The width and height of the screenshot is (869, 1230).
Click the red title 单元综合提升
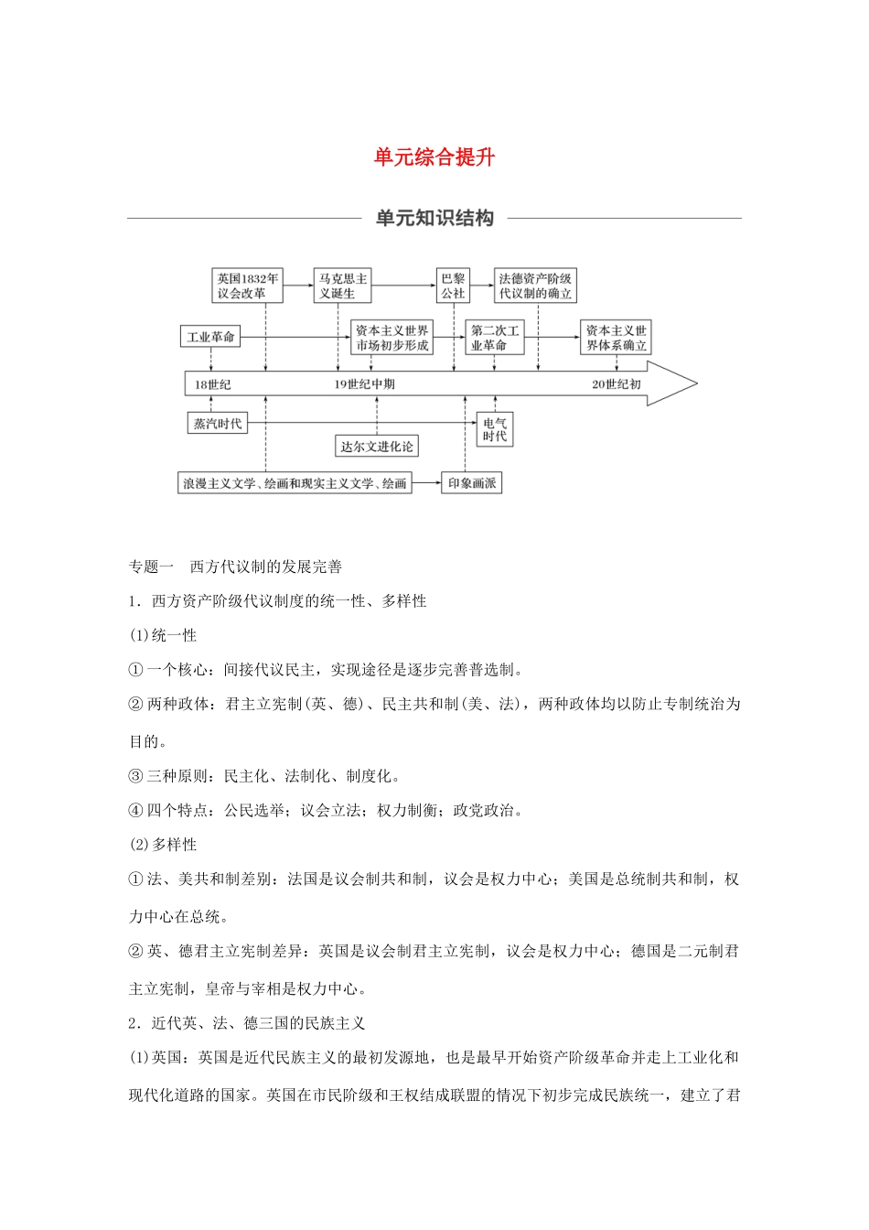click(434, 157)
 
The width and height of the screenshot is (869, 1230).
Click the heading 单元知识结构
click(434, 218)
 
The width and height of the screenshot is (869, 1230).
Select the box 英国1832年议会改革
click(247, 286)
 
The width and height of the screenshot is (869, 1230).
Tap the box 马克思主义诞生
click(343, 286)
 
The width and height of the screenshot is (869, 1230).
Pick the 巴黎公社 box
click(453, 286)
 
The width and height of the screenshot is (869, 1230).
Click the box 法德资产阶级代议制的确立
click(535, 286)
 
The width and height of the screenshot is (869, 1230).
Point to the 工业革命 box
click(210, 337)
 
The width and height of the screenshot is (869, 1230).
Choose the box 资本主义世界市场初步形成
click(392, 338)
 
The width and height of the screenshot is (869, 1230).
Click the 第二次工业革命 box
click(495, 338)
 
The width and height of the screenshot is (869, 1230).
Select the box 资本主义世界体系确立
click(616, 338)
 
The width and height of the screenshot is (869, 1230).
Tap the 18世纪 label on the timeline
click(212, 384)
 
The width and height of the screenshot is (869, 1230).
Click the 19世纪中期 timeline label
click(364, 384)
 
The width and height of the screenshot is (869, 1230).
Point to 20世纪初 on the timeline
click(616, 384)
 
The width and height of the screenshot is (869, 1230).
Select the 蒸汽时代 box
click(218, 423)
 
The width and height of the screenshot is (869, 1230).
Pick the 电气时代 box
click(495, 429)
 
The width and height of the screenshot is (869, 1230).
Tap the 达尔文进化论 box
click(377, 447)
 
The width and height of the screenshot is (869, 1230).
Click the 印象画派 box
click(472, 483)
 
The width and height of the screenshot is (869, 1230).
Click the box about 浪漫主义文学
click(295, 483)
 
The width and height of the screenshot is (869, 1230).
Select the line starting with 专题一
click(236, 566)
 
